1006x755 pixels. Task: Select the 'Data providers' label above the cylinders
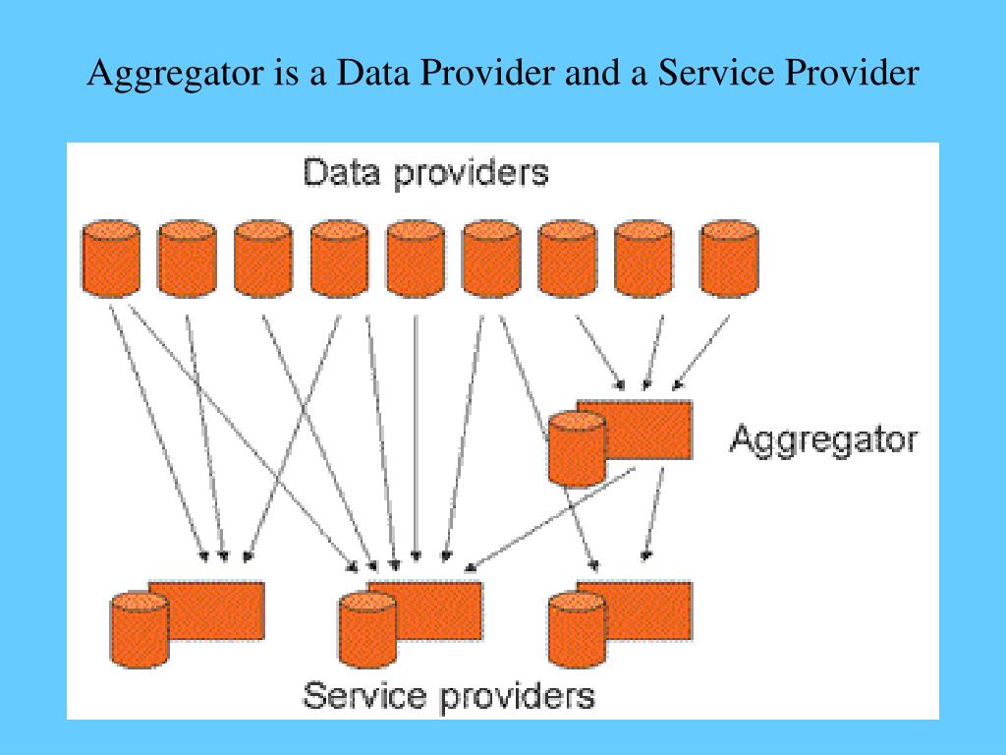coord(425,174)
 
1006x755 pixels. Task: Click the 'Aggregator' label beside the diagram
coord(823,438)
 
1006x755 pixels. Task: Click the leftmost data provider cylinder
coord(111,258)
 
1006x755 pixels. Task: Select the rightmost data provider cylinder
coord(729,258)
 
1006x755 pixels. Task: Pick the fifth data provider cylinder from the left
coord(416,258)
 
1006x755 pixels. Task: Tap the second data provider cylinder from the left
coord(187,258)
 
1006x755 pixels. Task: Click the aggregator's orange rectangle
coord(648,428)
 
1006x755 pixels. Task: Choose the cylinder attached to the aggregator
coord(577,447)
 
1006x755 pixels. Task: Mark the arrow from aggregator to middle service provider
coord(550,518)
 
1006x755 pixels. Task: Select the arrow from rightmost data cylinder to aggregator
coord(703,350)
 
